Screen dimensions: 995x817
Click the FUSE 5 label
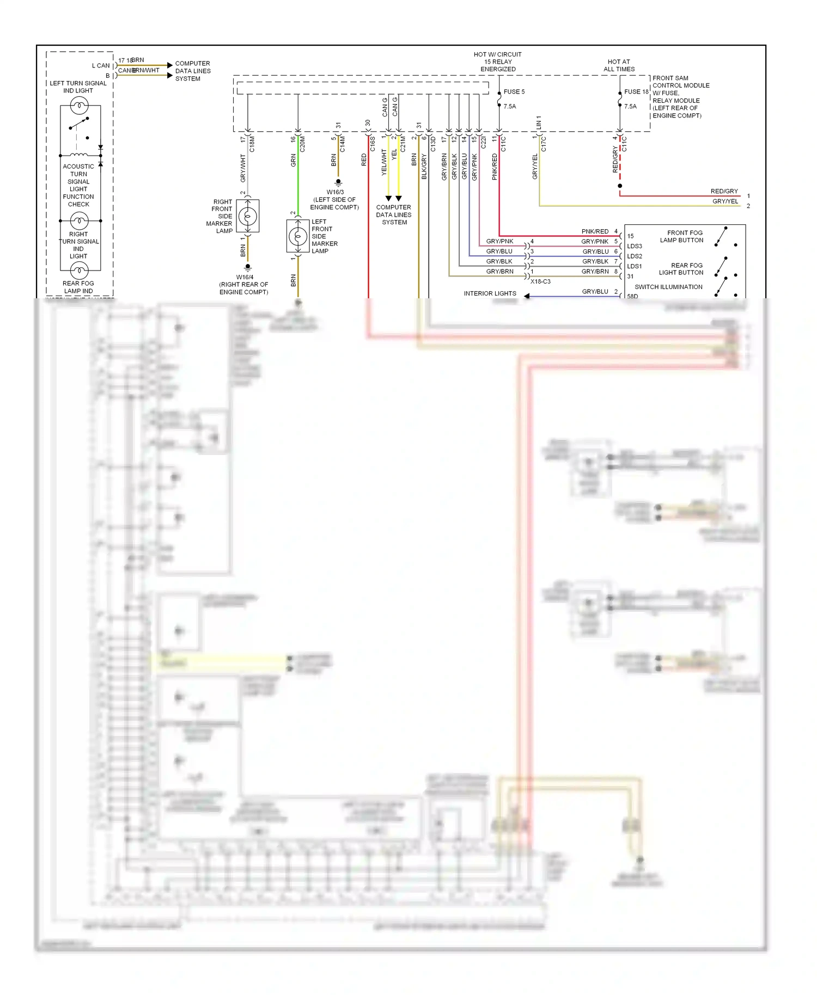click(x=514, y=91)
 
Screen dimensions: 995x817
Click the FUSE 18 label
click(x=636, y=91)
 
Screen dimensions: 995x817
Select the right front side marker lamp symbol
click(x=248, y=217)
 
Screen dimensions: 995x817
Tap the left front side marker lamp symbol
click(x=298, y=237)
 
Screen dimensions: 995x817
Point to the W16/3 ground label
click(x=335, y=192)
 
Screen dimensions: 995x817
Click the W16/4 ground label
click(x=245, y=277)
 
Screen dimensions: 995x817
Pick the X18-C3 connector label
click(x=540, y=281)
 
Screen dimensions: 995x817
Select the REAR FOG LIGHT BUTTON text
click(x=681, y=269)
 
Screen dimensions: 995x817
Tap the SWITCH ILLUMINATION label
click(x=668, y=287)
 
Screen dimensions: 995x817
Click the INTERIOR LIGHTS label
click(x=490, y=293)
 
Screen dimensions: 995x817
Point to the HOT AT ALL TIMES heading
click(x=619, y=65)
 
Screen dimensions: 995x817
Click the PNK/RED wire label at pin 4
click(x=595, y=231)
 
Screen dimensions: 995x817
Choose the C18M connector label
click(x=252, y=144)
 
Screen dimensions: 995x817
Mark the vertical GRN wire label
click(x=294, y=161)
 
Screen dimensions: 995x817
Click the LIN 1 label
click(x=539, y=122)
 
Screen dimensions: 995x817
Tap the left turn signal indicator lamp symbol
click(x=79, y=105)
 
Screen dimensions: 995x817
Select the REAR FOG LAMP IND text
click(x=78, y=287)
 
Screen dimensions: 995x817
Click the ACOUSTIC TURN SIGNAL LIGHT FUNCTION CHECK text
click(x=78, y=185)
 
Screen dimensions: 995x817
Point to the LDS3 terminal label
click(x=635, y=246)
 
